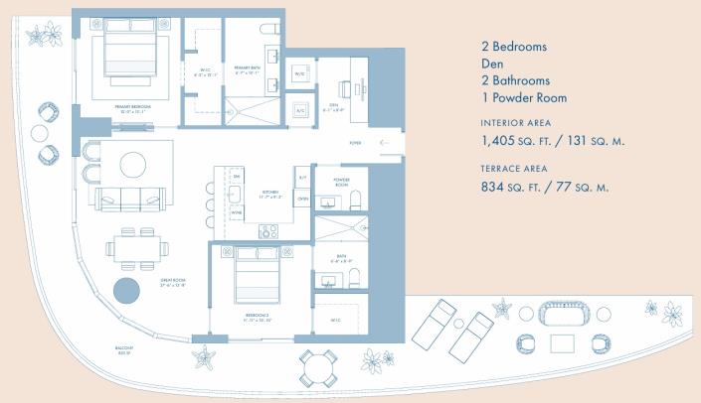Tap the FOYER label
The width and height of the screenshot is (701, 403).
pos(355,143)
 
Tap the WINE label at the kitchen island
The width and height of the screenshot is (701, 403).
pos(236,211)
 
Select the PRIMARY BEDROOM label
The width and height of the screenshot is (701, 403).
pos(126,105)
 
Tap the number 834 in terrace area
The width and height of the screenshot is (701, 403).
pos(497,188)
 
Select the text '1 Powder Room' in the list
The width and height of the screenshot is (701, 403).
pos(523,97)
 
